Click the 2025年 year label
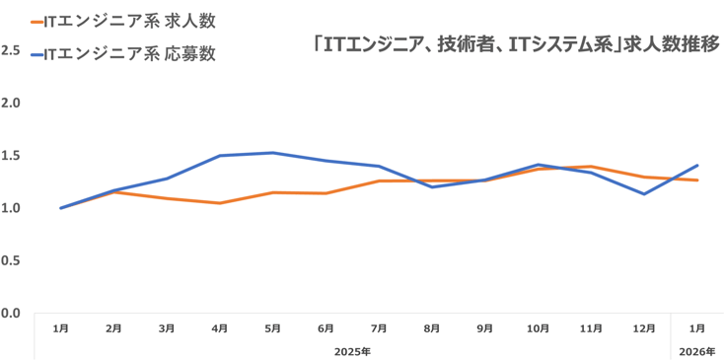click(x=352, y=350)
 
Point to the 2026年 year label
click(x=696, y=350)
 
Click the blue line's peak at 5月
click(x=273, y=153)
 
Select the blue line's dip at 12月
click(x=644, y=193)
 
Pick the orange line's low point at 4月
click(x=220, y=203)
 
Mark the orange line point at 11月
click(x=591, y=167)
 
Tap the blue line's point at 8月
click(x=432, y=186)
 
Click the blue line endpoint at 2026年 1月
click(x=697, y=165)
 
